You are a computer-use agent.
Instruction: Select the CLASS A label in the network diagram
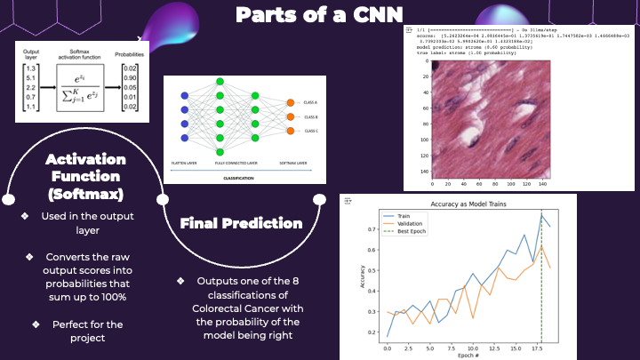[x=312, y=101]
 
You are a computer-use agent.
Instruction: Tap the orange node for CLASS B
[x=290, y=116]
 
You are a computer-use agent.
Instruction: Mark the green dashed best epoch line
[x=541, y=284]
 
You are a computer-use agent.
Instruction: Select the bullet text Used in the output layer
[x=87, y=222]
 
